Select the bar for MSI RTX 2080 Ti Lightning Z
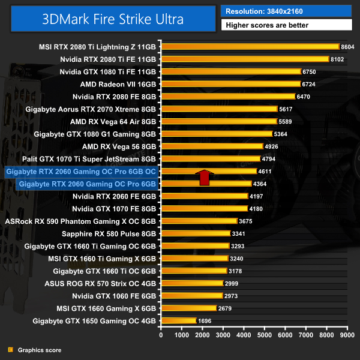[250, 47]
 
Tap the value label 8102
[339, 59]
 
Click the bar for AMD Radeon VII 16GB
[230, 84]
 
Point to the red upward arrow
[204, 178]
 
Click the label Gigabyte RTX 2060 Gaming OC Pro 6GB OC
[80, 172]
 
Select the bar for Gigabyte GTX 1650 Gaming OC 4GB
[178, 321]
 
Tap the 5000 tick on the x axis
[264, 335]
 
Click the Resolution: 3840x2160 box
[286, 11]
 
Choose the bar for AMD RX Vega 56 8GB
[212, 146]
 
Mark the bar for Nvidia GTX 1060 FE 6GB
[191, 296]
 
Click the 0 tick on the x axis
[161, 335]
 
